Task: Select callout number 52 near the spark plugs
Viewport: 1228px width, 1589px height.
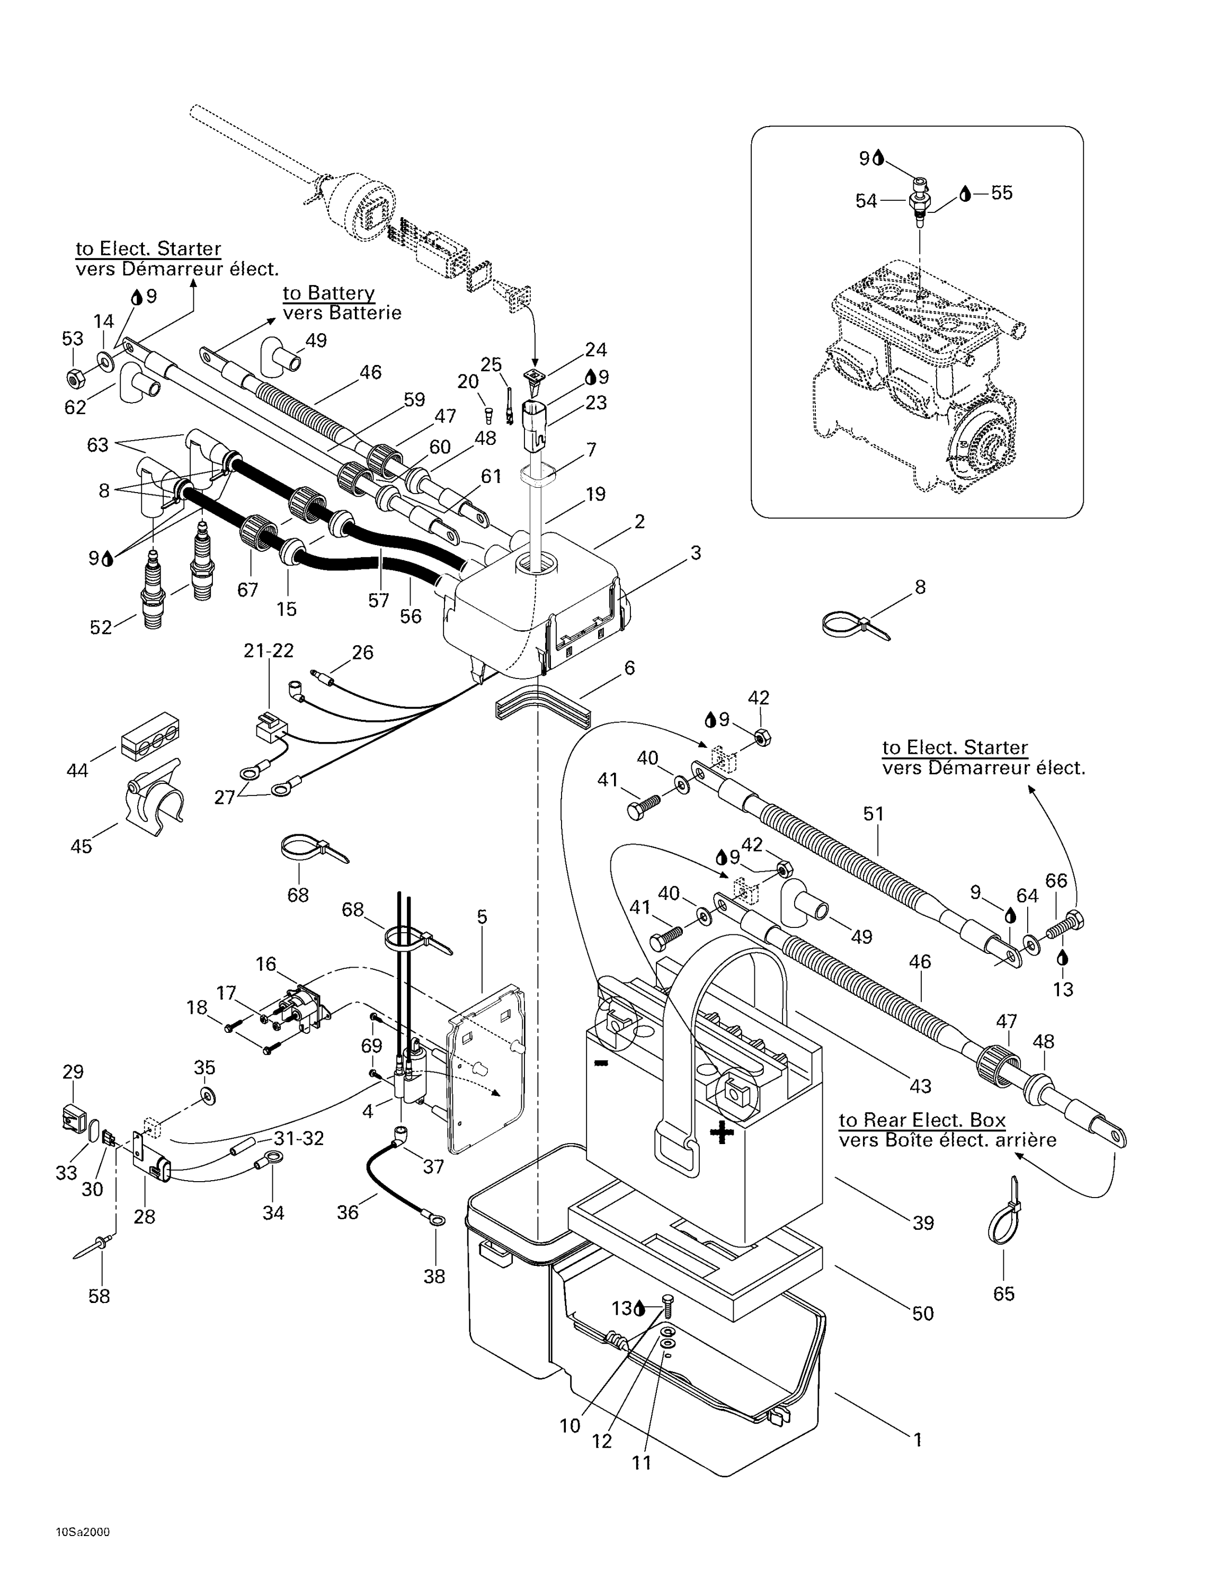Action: [x=101, y=627]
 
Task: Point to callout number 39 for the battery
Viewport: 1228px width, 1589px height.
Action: [x=922, y=1222]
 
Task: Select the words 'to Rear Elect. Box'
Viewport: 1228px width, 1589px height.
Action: [x=922, y=1120]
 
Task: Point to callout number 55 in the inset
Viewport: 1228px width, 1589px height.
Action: [x=1001, y=193]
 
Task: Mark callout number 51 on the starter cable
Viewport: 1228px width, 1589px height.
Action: [x=873, y=814]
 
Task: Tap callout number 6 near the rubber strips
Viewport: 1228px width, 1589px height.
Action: [x=629, y=667]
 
